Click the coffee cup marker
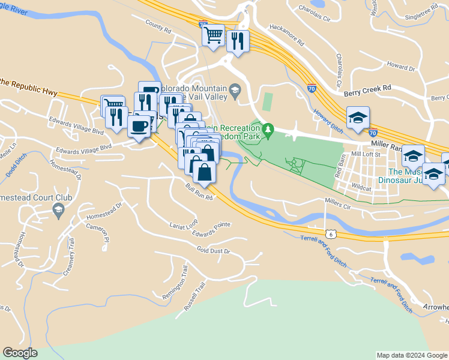pyautogui.click(x=139, y=127)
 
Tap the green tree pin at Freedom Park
pyautogui.click(x=268, y=129)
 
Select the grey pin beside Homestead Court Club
pyautogui.click(x=58, y=210)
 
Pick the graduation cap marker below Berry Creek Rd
pyautogui.click(x=358, y=117)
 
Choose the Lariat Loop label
pyautogui.click(x=184, y=223)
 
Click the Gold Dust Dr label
pyautogui.click(x=213, y=250)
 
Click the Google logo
pyautogui.click(x=20, y=353)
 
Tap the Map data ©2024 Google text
pyautogui.click(x=411, y=355)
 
